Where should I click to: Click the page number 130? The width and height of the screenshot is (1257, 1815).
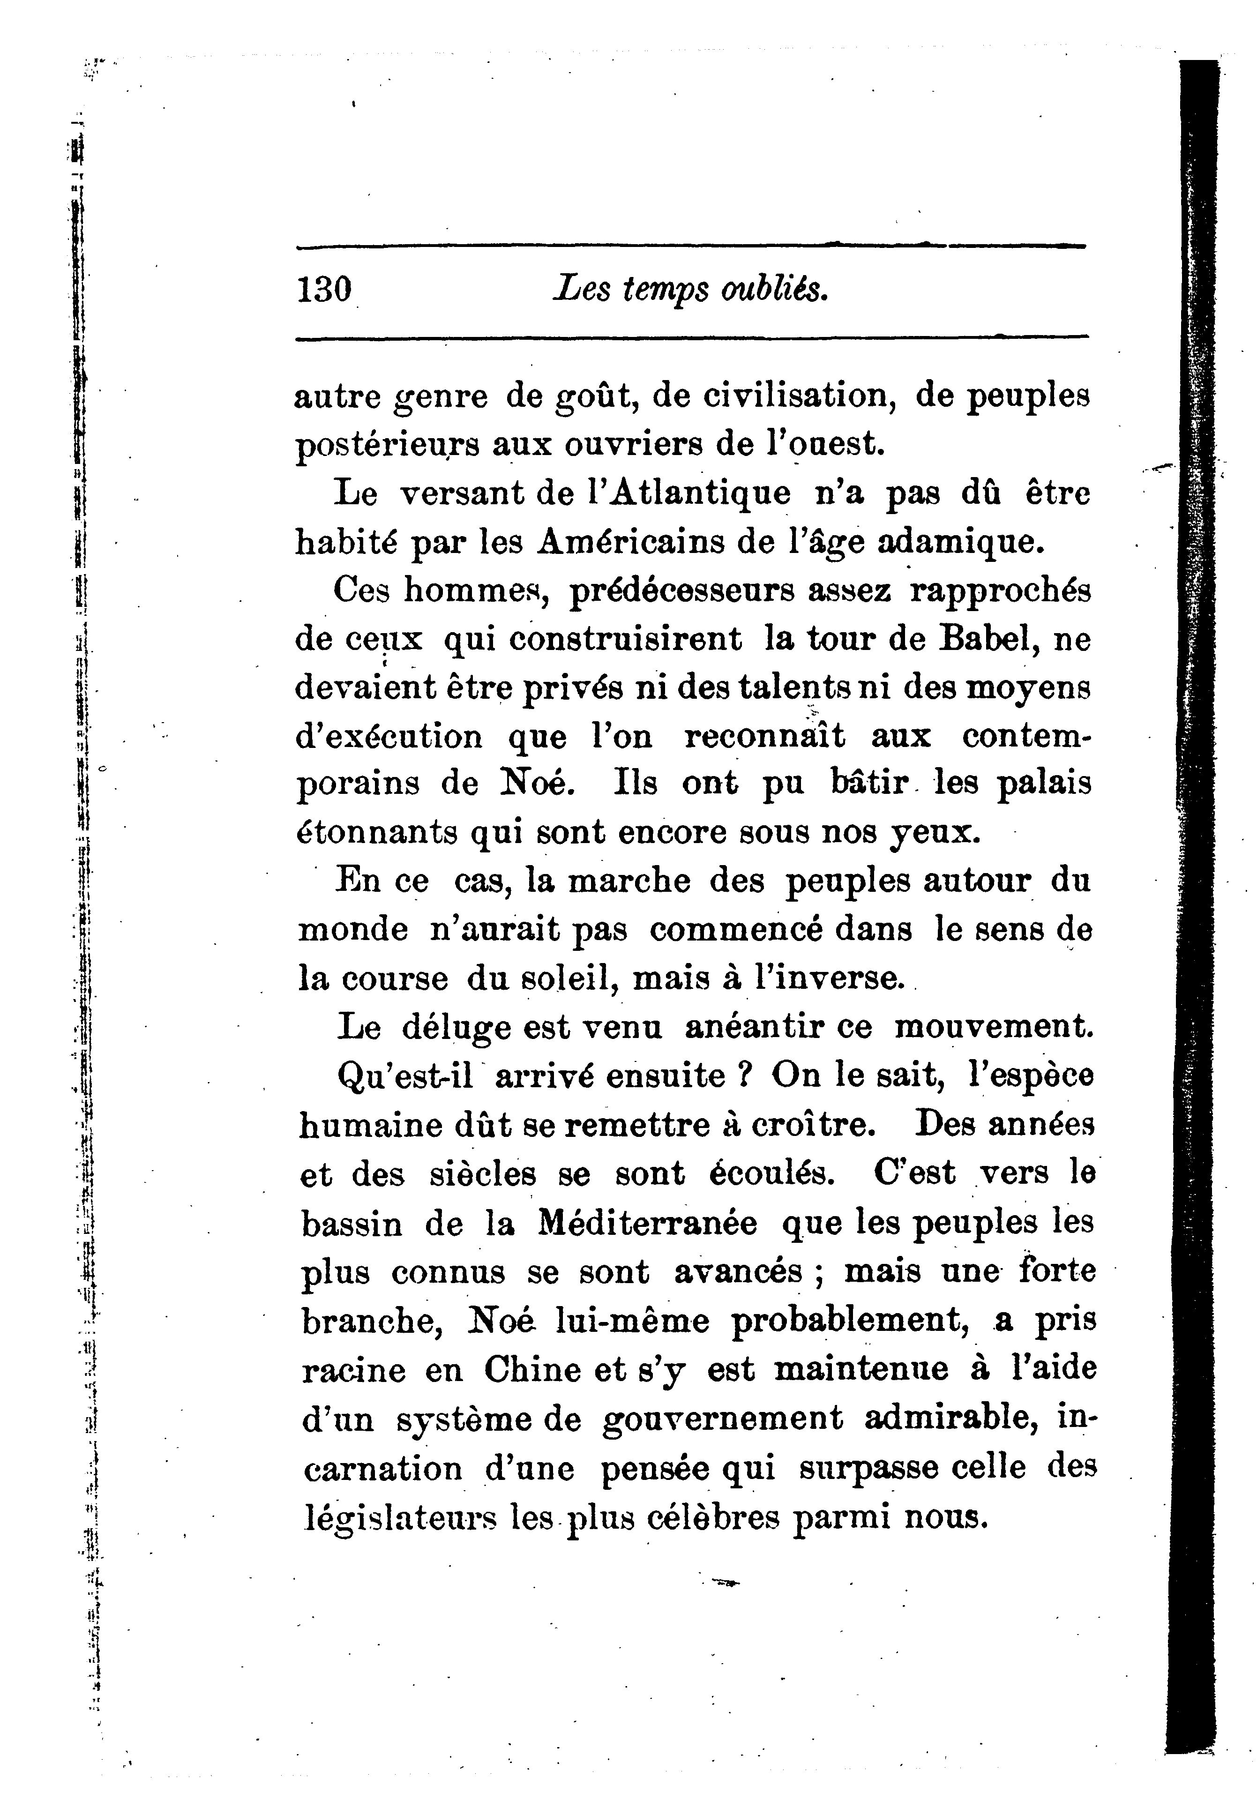[324, 290]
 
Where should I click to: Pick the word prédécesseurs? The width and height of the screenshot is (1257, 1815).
[682, 590]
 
